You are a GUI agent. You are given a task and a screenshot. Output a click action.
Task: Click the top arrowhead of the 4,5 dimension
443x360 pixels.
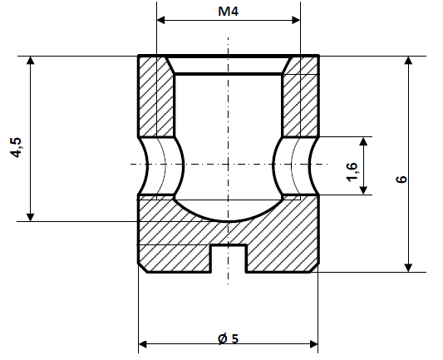[31, 63]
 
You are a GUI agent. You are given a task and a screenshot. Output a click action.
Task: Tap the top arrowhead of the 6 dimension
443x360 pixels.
[408, 63]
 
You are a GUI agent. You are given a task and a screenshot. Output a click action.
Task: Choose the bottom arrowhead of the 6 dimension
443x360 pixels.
[408, 265]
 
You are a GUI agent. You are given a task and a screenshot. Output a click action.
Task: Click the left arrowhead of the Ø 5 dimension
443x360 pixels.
[144, 343]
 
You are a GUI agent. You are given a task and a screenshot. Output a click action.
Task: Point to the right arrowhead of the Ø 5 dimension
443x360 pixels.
[313, 343]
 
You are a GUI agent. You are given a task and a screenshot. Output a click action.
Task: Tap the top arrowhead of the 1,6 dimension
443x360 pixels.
[364, 142]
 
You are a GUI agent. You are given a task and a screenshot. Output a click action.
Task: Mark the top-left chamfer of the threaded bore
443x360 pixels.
[169, 65]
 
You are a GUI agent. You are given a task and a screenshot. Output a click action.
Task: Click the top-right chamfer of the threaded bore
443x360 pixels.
[288, 65]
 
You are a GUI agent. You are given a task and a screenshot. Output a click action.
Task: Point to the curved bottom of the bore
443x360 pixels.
[228, 218]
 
